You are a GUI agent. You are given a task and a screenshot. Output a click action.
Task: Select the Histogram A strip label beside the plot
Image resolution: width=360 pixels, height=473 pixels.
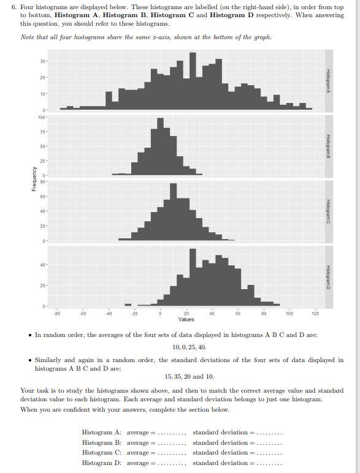(x=329, y=81)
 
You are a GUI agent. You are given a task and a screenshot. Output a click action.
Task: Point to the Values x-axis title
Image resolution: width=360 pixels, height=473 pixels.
(x=186, y=319)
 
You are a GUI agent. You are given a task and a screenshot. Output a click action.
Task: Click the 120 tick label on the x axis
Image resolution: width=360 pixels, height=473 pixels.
(x=315, y=313)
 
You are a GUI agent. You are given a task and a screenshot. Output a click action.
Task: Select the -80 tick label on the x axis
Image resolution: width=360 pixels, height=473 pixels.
(x=57, y=313)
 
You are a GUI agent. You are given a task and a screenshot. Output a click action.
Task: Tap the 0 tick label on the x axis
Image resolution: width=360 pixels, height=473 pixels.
(x=160, y=313)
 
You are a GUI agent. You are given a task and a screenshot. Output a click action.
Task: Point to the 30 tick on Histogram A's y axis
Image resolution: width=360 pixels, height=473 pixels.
(x=42, y=61)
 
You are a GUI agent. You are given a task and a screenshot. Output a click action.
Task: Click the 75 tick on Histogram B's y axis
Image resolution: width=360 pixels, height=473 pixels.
(x=42, y=131)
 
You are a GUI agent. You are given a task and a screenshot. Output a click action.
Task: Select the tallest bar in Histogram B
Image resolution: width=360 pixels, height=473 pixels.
(x=160, y=147)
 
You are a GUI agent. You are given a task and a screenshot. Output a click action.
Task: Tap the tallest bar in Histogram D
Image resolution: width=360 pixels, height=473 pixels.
(x=193, y=277)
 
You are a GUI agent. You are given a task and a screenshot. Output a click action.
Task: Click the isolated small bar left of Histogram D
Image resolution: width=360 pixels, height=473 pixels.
(x=128, y=305)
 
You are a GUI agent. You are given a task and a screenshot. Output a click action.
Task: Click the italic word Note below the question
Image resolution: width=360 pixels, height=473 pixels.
(x=28, y=37)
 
